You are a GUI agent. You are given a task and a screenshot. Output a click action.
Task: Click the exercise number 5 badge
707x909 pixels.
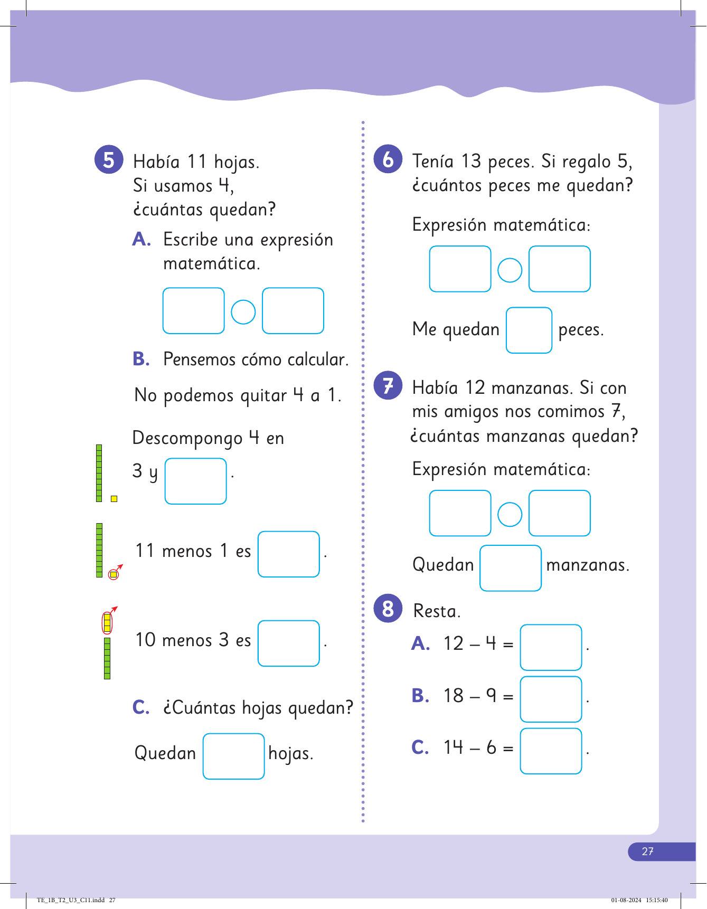pos(109,159)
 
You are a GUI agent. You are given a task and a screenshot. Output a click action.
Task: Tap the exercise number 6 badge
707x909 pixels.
pos(388,159)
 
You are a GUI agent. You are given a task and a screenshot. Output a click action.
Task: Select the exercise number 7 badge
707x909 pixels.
pos(388,385)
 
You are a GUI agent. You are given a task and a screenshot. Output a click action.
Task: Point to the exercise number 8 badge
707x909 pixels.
pos(388,608)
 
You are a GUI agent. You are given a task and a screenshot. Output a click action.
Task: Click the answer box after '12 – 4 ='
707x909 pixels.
pos(551,647)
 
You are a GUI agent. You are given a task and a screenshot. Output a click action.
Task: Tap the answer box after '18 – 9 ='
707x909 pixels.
pos(551,699)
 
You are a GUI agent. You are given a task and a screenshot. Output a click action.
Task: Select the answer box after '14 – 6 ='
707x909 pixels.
pos(551,751)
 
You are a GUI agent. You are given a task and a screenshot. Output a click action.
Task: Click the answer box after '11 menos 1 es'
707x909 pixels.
pos(288,554)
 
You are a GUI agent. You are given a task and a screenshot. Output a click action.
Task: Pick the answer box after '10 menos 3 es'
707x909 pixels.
pos(288,643)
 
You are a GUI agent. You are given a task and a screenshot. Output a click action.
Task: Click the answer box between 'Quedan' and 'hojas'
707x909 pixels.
pos(233,756)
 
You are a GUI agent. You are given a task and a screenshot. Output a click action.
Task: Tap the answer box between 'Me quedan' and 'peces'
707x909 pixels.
pos(529,330)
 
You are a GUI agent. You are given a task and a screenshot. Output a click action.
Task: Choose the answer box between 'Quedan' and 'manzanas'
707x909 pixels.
pos(510,567)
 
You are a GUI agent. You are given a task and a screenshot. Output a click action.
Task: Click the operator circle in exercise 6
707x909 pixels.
pos(510,270)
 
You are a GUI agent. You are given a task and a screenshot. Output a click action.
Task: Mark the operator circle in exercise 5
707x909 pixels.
pos(243,311)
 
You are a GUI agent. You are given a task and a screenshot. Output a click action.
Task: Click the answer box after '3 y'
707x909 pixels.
pos(195,481)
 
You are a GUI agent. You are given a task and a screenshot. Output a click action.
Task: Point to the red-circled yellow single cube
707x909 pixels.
pos(113,574)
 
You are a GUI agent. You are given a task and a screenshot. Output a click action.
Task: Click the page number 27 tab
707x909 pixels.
pos(648,851)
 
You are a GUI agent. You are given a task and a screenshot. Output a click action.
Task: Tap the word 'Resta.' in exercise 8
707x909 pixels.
pos(437,611)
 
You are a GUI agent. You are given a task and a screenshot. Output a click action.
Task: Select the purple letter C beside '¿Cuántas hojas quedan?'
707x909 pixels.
pos(141,707)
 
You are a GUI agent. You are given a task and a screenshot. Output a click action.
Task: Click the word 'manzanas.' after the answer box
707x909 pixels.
pos(588,565)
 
